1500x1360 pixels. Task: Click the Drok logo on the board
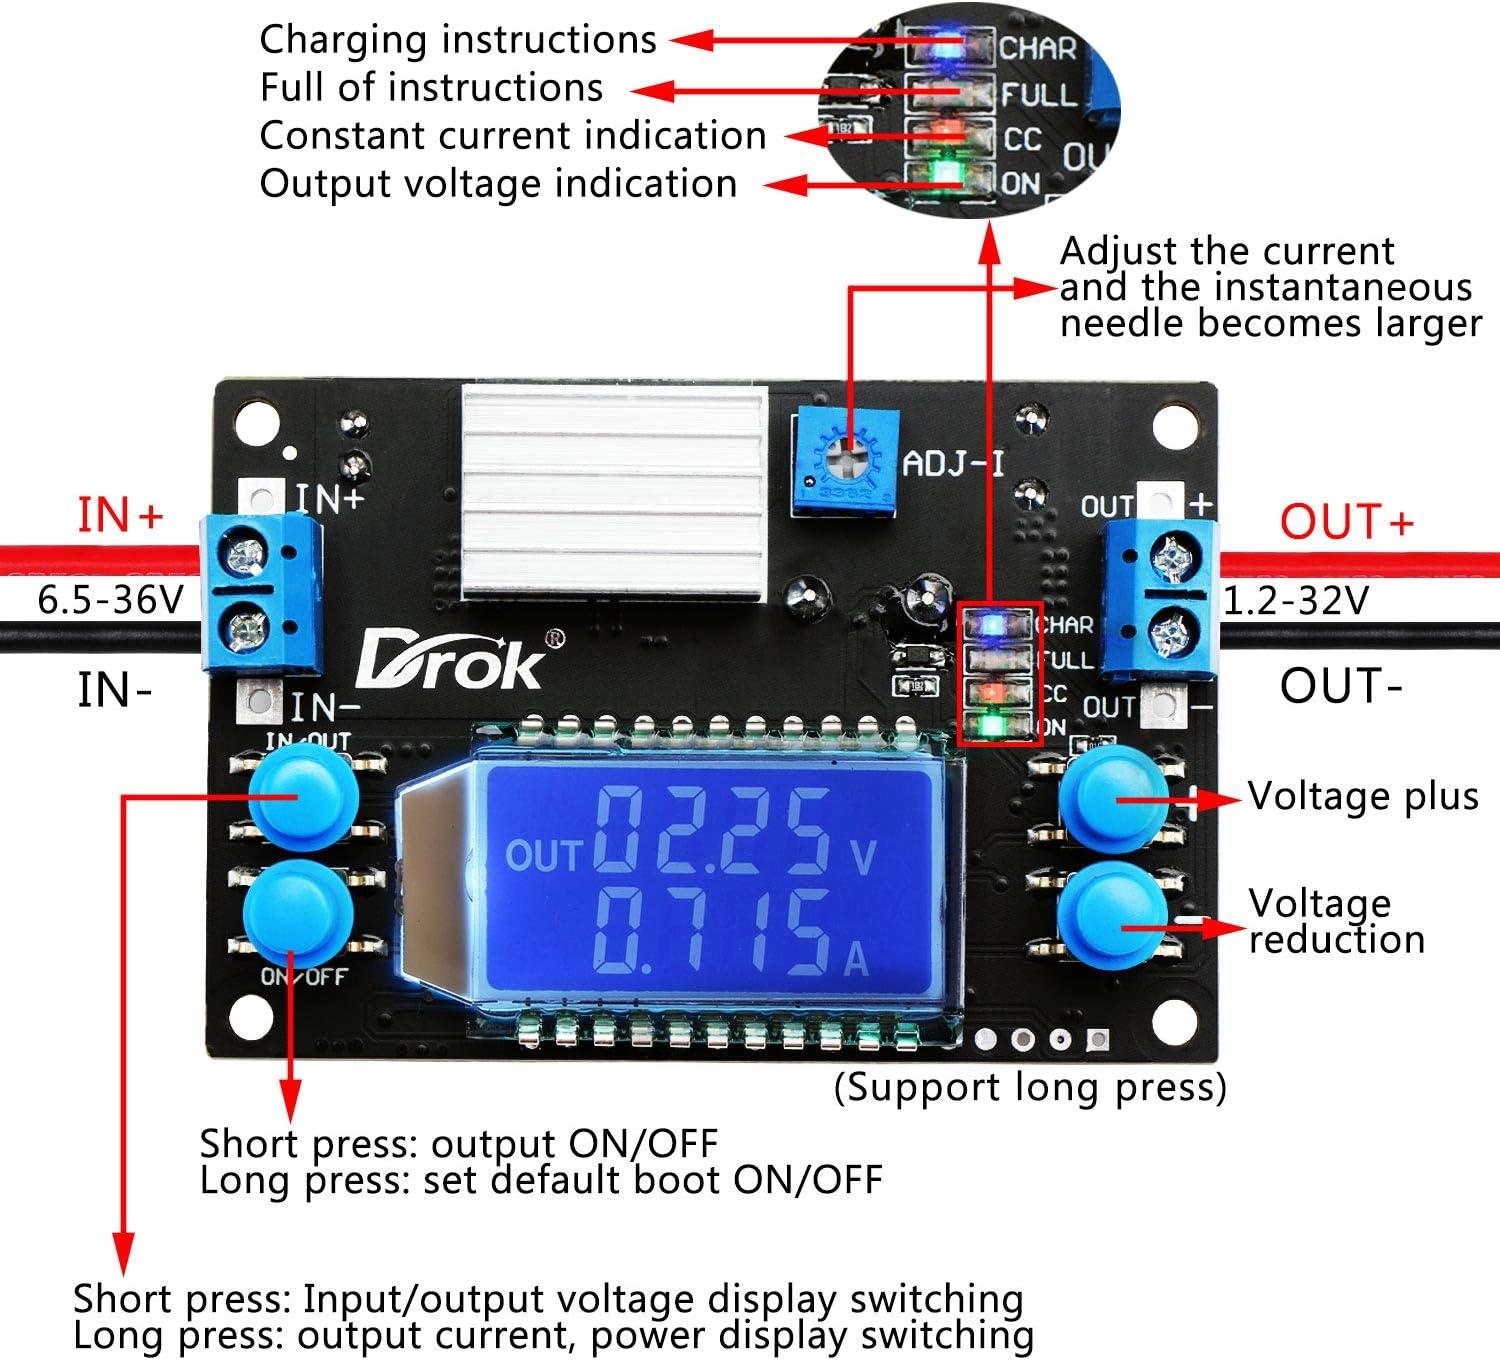pyautogui.click(x=455, y=660)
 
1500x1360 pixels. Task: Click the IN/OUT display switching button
pyautogui.click(x=303, y=797)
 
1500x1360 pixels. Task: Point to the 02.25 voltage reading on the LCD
pyautogui.click(x=712, y=828)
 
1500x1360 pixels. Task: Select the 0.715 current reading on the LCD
pyautogui.click(x=712, y=934)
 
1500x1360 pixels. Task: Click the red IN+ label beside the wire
pyautogui.click(x=119, y=515)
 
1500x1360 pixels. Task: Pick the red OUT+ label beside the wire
pyautogui.click(x=1346, y=522)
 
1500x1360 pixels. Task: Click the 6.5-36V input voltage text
pyautogui.click(x=110, y=600)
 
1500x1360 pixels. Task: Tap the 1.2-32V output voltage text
pyautogui.click(x=1296, y=600)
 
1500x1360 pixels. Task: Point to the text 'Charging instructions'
pyautogui.click(x=458, y=40)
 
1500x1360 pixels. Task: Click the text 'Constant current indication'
pyautogui.click(x=512, y=135)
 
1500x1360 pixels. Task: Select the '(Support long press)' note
pyautogui.click(x=1030, y=1086)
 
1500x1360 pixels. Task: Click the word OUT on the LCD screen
pyautogui.click(x=543, y=856)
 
